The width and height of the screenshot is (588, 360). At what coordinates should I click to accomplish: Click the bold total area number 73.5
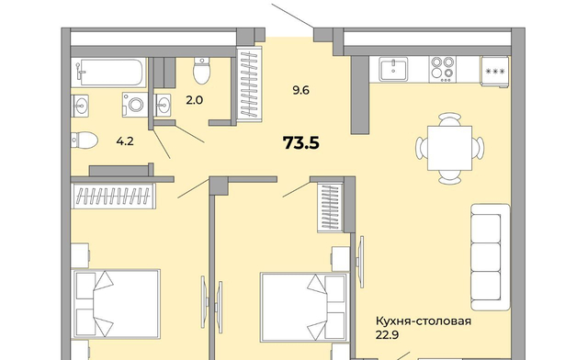tap(300, 143)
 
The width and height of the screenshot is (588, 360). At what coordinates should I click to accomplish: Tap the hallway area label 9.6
tap(300, 90)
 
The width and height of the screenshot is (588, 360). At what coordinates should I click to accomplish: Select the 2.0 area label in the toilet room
tap(194, 100)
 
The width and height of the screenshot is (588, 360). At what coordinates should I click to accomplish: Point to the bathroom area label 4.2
tap(125, 141)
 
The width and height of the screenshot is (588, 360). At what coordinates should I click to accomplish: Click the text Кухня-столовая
tap(424, 321)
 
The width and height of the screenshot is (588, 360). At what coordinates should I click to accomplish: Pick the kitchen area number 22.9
tap(387, 334)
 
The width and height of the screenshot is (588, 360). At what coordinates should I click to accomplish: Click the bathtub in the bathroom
tap(108, 73)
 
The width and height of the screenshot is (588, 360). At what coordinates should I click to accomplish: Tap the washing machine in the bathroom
tap(135, 105)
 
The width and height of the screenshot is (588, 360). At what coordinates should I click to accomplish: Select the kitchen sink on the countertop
tap(393, 69)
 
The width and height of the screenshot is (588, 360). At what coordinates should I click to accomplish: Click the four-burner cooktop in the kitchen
tap(443, 69)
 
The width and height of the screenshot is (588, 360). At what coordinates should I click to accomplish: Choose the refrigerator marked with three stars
tap(495, 72)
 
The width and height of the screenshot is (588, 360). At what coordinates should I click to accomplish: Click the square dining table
tap(449, 148)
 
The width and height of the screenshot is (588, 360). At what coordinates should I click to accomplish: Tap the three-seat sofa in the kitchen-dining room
tap(491, 257)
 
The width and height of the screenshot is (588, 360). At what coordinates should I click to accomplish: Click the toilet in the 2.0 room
tap(202, 71)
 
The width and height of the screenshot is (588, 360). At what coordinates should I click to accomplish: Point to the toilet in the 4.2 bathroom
tap(85, 141)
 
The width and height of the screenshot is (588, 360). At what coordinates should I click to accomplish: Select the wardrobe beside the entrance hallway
tap(249, 84)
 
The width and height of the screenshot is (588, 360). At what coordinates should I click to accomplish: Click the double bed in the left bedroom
tap(117, 304)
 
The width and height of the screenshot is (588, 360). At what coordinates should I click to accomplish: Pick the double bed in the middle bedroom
tap(304, 308)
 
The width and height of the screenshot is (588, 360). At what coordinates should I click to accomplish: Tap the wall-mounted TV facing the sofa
tap(361, 262)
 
